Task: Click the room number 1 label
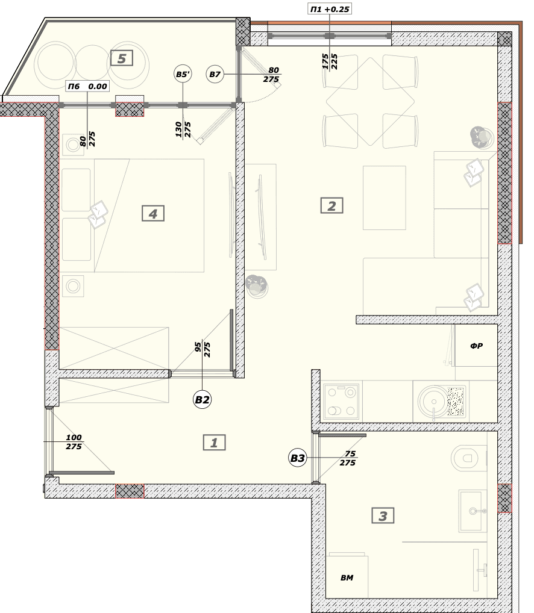[x=214, y=443]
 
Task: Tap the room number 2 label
[x=331, y=205]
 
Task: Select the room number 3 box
[x=383, y=515]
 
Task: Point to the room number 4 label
[x=153, y=213]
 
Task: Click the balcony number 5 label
[x=122, y=58]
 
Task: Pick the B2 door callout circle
[x=202, y=400]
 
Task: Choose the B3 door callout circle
[x=297, y=458]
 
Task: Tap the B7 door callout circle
[x=215, y=74]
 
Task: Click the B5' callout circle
[x=183, y=74]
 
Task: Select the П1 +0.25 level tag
[x=330, y=9]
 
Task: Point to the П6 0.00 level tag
[x=87, y=86]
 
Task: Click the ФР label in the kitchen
[x=476, y=346]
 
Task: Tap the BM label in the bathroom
[x=347, y=577]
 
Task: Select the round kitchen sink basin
[x=433, y=401]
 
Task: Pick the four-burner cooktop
[x=341, y=401]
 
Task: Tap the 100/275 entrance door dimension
[x=74, y=442]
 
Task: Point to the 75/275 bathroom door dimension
[x=348, y=458]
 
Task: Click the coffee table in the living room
[x=384, y=198]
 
